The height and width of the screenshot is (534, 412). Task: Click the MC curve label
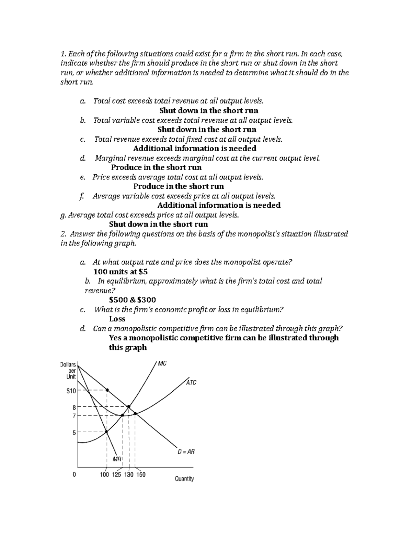click(162, 363)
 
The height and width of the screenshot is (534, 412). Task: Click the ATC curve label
click(191, 383)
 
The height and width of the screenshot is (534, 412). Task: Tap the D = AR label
click(186, 452)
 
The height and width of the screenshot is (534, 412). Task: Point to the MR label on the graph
click(117, 459)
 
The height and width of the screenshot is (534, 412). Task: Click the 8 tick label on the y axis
click(74, 407)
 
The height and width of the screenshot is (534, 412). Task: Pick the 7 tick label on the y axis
click(74, 415)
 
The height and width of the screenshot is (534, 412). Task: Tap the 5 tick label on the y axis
click(74, 433)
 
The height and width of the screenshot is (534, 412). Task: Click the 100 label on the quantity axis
click(104, 475)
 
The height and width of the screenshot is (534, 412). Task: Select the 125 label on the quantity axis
click(116, 475)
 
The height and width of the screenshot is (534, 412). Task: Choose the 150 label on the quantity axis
click(141, 475)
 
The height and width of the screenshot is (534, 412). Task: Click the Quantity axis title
click(184, 479)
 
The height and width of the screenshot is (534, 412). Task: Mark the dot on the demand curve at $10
click(107, 390)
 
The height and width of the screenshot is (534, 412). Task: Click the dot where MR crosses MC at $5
click(106, 432)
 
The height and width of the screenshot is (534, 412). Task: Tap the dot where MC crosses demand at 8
click(129, 406)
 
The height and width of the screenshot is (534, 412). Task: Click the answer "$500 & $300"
click(132, 300)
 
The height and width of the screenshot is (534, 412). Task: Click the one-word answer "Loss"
click(117, 319)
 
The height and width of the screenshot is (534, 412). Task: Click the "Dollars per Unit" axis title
click(68, 371)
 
